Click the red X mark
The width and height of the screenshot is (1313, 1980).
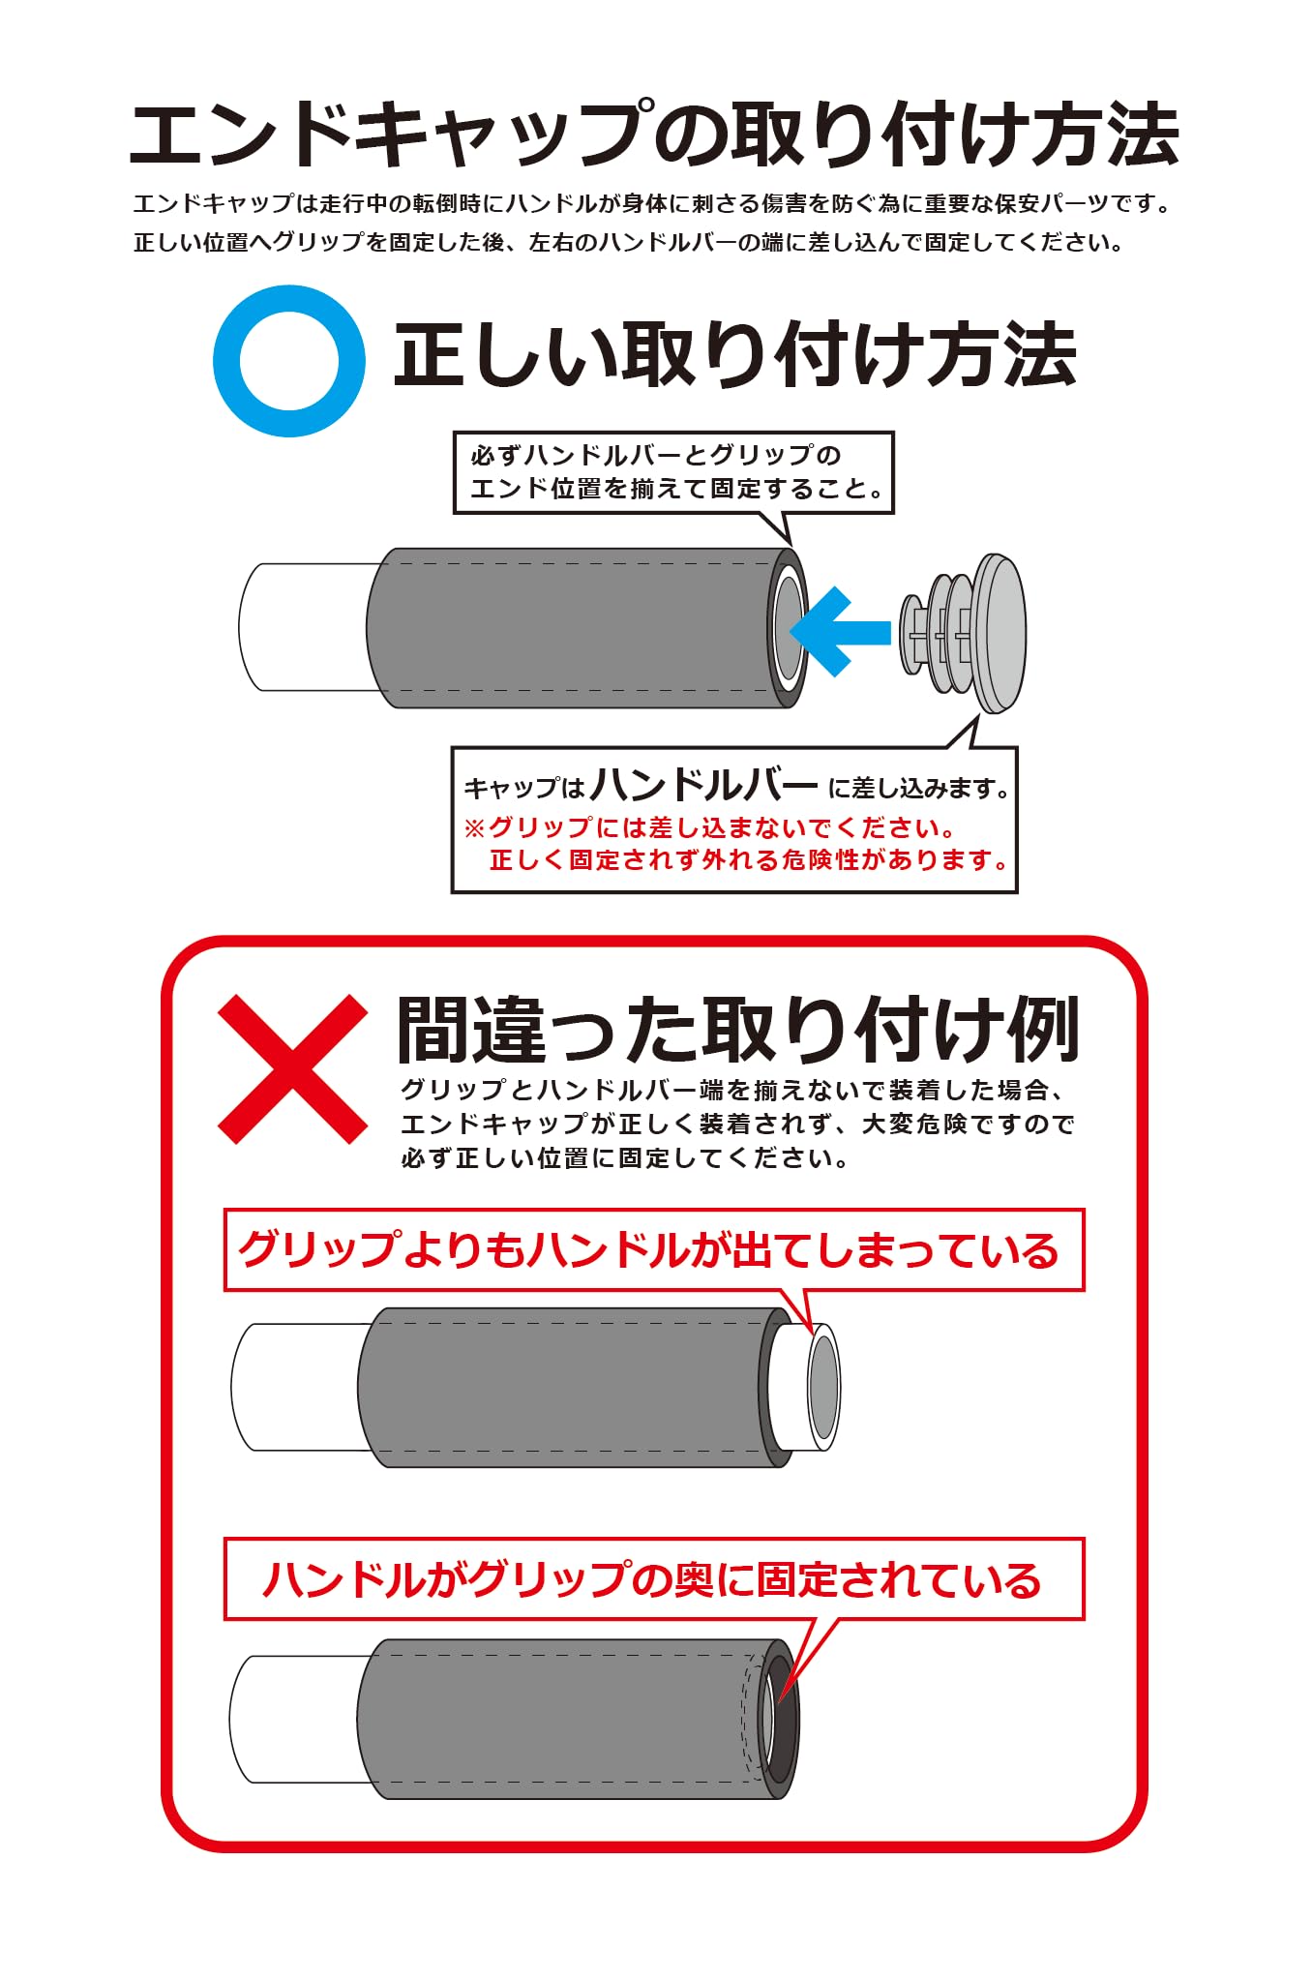pyautogui.click(x=292, y=1069)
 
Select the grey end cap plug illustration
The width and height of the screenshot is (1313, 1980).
pyautogui.click(x=963, y=633)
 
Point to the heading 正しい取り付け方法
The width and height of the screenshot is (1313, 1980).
pyautogui.click(x=735, y=355)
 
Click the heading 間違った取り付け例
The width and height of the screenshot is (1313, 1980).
pyautogui.click(x=737, y=1030)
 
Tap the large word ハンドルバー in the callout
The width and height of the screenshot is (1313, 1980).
pyautogui.click(x=704, y=785)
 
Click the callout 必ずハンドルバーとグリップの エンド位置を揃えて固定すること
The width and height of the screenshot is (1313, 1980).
pyautogui.click(x=673, y=472)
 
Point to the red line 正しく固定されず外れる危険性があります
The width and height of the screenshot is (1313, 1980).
pyautogui.click(x=750, y=859)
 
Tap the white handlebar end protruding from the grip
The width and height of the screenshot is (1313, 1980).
pyautogui.click(x=806, y=1387)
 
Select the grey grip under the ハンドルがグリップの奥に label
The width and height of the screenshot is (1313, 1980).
pyautogui.click(x=579, y=1719)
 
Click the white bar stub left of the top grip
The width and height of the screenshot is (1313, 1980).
pyautogui.click(x=305, y=627)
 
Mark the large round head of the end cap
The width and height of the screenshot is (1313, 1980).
pyautogui.click(x=999, y=633)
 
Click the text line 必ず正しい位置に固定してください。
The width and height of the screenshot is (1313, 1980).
pyautogui.click(x=625, y=1157)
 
